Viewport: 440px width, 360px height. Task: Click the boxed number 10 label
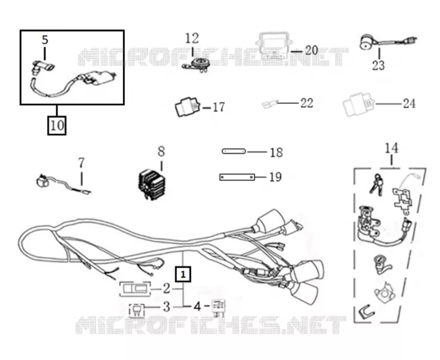click(57, 125)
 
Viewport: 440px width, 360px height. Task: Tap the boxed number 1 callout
click(183, 274)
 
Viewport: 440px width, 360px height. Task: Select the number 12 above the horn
click(192, 39)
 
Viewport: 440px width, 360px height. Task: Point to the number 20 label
click(312, 50)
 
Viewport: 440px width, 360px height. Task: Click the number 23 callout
click(378, 66)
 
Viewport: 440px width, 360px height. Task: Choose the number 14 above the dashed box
click(391, 148)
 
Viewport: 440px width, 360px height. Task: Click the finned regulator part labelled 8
click(152, 185)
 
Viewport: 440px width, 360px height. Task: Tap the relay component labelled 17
click(188, 106)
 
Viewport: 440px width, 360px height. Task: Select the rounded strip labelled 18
click(234, 151)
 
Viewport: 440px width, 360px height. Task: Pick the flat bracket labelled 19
click(237, 177)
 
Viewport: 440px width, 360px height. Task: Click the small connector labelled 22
click(270, 104)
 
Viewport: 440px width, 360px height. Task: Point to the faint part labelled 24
click(359, 104)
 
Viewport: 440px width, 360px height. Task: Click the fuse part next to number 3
click(137, 310)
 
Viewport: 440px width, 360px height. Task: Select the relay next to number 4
click(218, 307)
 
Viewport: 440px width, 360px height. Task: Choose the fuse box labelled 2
click(135, 289)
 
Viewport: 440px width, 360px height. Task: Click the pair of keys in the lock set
click(376, 184)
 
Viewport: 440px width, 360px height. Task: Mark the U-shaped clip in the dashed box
click(367, 311)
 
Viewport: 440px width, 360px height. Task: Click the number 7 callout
click(81, 163)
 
